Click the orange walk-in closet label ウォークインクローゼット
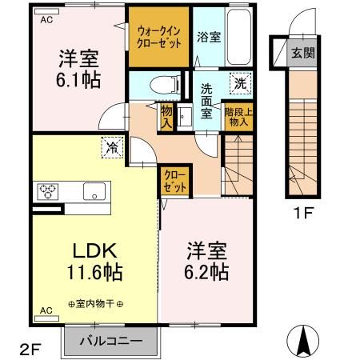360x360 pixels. (x=158, y=36)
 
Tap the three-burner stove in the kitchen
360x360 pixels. (x=46, y=191)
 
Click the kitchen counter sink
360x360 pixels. (x=95, y=191)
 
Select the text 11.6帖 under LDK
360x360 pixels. (x=94, y=272)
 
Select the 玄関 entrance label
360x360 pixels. (x=302, y=54)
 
